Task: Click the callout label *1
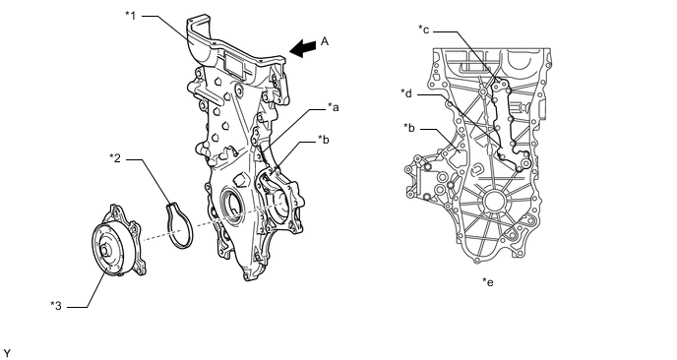coord(131,16)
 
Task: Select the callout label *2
coord(115,158)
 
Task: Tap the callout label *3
coord(56,306)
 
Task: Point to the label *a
coord(333,107)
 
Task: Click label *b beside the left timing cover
coord(324,140)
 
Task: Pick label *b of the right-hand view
coord(409,128)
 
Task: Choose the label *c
coord(423,30)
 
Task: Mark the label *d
coord(406,93)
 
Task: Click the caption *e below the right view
coord(488,282)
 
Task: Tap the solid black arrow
coord(303,48)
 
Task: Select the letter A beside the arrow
coord(325,41)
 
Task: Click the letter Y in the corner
coord(7,353)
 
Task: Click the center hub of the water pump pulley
coord(105,251)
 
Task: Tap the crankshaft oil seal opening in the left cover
coord(230,205)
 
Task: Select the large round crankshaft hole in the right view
coord(494,202)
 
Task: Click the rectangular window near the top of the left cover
coord(234,66)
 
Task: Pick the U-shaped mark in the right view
coord(477,170)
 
